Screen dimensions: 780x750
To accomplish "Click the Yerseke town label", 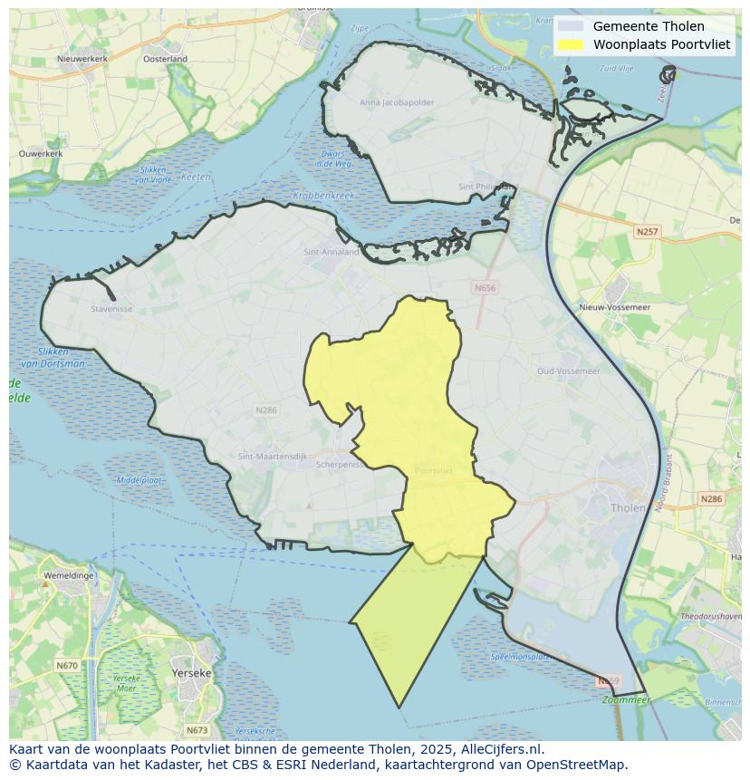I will point(191,673).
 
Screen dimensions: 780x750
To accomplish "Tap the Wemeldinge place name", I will point(66,574).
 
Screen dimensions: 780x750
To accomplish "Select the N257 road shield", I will point(647,232).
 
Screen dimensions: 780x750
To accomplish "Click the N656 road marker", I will point(485,288).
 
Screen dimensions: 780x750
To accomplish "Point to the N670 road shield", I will point(67,666).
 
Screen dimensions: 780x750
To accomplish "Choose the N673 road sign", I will point(197,730).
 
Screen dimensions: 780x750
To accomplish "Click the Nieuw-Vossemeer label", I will point(616,307).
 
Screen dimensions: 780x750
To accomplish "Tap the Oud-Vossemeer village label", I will point(568,371).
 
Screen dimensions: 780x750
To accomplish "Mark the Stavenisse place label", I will point(111,308).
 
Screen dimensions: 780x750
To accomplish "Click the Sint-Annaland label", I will point(332,253).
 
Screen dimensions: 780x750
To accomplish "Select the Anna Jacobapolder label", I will point(397,102).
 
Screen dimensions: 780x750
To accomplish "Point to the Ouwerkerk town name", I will point(41,154).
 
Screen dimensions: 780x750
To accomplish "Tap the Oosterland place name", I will point(165,59).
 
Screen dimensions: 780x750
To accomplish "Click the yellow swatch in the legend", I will point(571,44).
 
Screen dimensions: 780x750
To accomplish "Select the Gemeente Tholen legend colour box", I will point(571,26).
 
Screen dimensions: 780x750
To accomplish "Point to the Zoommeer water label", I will point(626,699).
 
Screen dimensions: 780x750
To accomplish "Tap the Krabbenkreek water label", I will point(323,195).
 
